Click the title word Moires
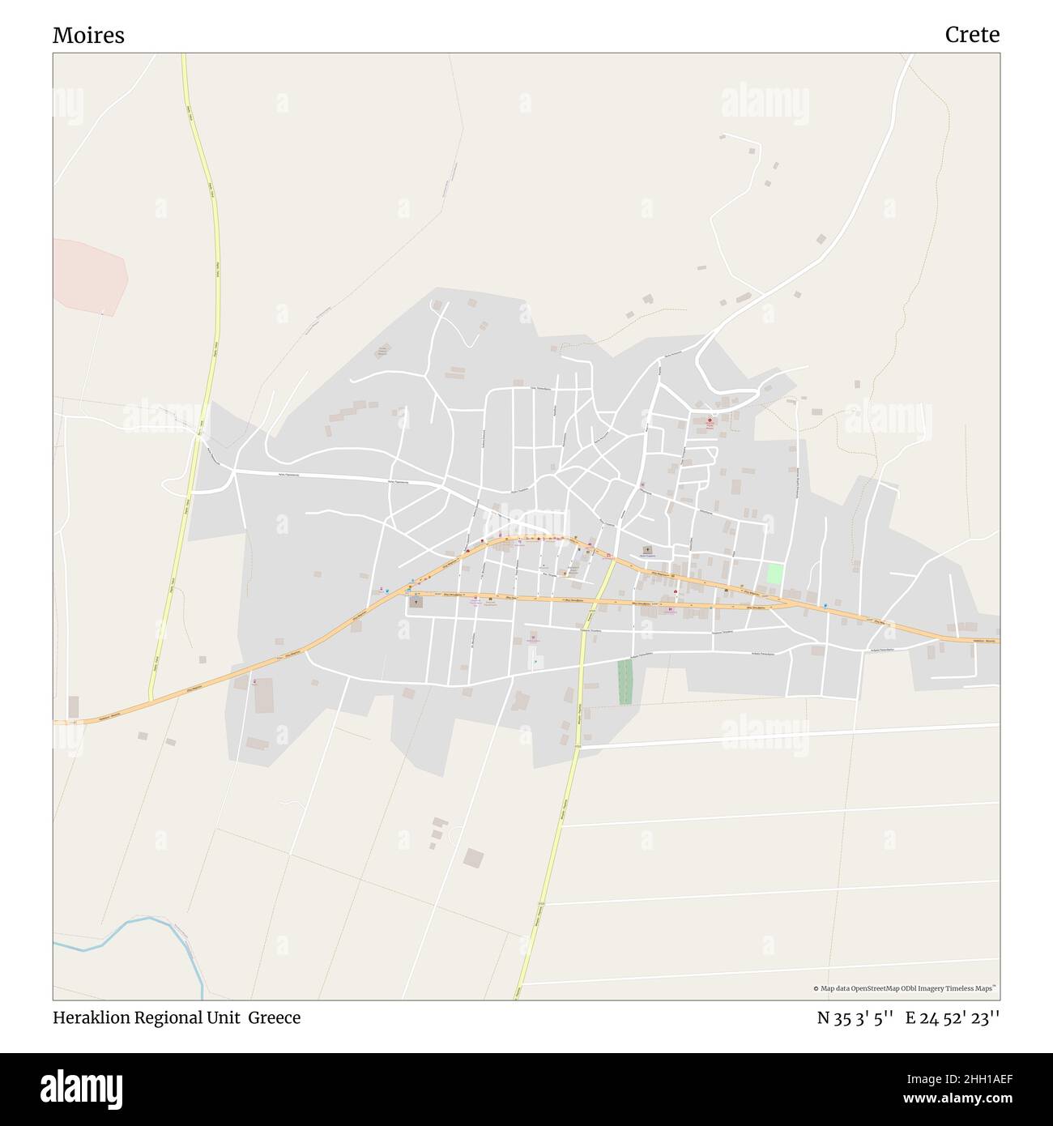88,36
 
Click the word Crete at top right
971,35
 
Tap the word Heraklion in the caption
92,1017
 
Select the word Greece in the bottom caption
274,1017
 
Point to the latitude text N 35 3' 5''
855,1018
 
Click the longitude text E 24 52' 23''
953,1018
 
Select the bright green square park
775,574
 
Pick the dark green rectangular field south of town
625,681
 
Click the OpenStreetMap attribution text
904,988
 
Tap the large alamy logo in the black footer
82,1089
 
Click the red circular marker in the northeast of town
710,420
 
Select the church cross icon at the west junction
416,602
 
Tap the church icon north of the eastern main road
646,550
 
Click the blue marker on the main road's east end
825,605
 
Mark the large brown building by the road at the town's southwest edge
264,697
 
